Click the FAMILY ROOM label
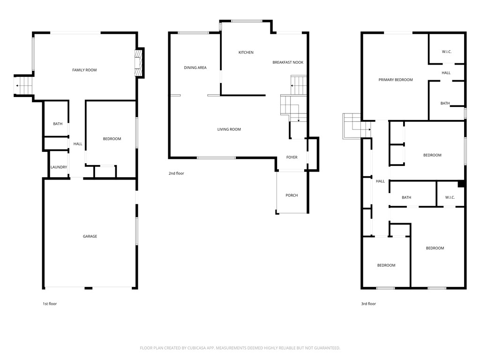click(84, 70)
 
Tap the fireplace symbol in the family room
click(138, 63)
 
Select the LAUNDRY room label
click(59, 167)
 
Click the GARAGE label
click(90, 236)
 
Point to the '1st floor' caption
click(50, 304)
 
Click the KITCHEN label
click(246, 52)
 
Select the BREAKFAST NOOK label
click(288, 62)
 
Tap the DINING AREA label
click(195, 67)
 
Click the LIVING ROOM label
click(229, 129)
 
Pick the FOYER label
click(292, 157)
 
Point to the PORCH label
click(292, 195)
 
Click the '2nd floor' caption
click(176, 173)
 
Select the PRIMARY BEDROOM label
click(396, 80)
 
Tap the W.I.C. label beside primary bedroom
click(446, 52)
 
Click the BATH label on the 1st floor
click(58, 124)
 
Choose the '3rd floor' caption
click(368, 304)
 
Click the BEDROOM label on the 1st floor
click(112, 139)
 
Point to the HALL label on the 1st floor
click(78, 144)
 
